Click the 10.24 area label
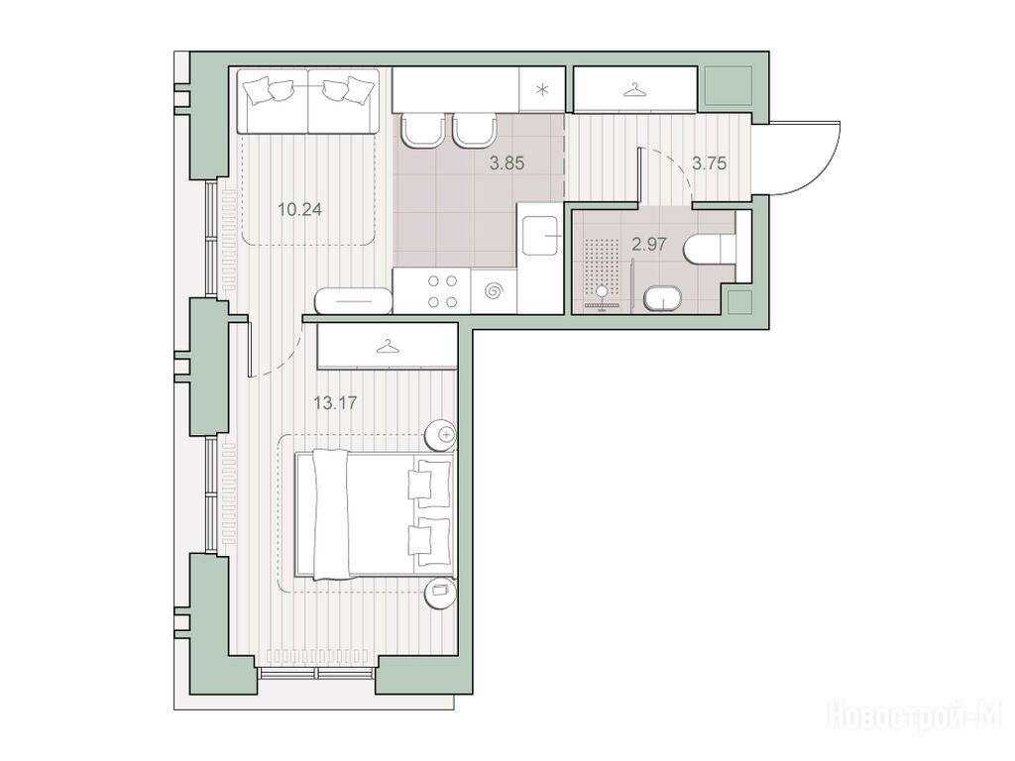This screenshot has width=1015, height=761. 299,210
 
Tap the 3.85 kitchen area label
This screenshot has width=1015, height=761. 507,163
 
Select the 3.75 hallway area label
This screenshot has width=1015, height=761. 709,163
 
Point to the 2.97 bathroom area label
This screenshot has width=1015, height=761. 648,245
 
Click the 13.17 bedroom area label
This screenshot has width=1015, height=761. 335,403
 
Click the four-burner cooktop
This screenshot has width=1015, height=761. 442,291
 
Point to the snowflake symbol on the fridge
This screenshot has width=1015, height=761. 542,90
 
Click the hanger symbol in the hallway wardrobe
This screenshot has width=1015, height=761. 635,89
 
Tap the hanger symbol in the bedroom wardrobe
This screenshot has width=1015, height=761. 388,348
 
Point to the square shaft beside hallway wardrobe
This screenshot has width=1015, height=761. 728,85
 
